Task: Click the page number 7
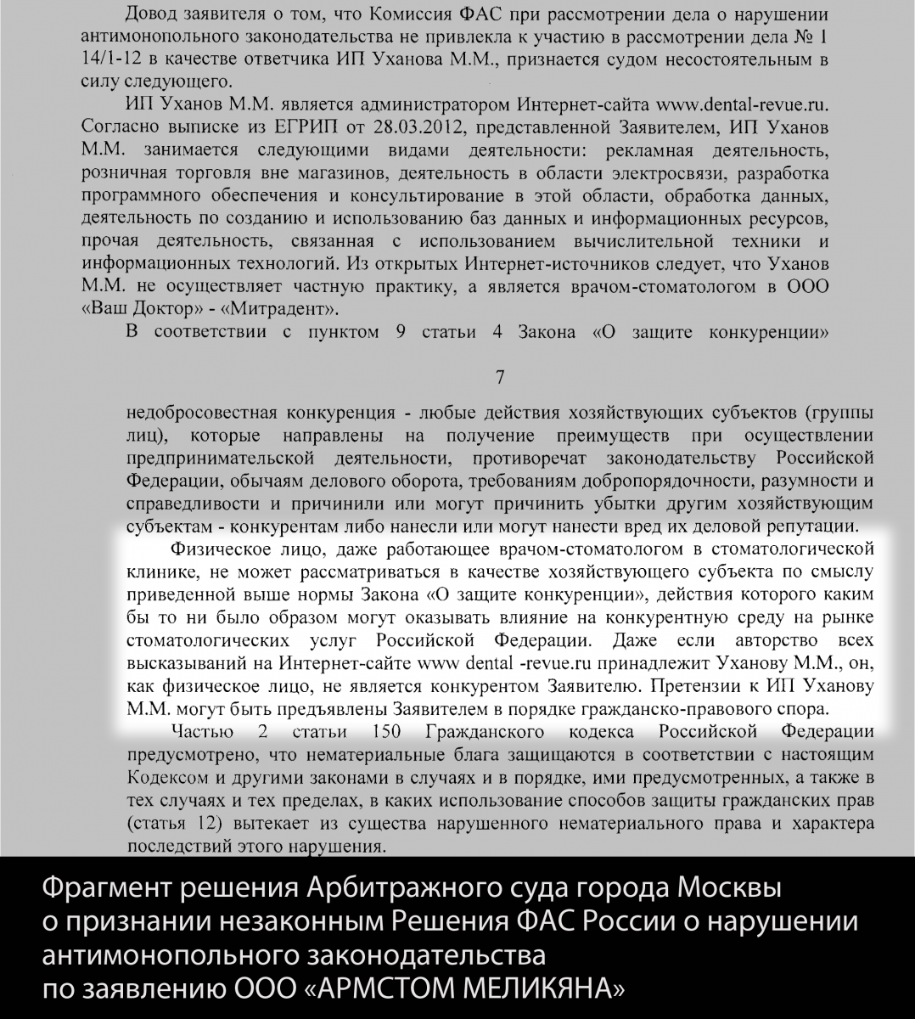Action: pyautogui.click(x=501, y=376)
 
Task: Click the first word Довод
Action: pyautogui.click(x=153, y=16)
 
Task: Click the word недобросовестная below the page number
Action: pyautogui.click(x=201, y=414)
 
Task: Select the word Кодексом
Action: pyautogui.click(x=165, y=778)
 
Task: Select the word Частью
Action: pyautogui.click(x=200, y=732)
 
